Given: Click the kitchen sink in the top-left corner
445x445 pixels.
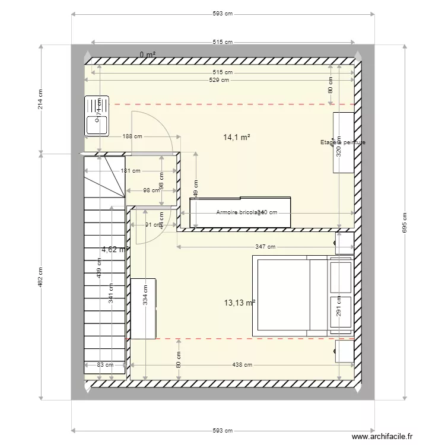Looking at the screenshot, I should point(97,116).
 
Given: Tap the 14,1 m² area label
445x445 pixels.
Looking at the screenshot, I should point(236,137).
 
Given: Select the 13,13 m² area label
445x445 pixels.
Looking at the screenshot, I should point(240,302).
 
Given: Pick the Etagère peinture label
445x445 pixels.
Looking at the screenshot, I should point(342,142).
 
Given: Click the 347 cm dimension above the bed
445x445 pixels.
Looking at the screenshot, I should point(265,247).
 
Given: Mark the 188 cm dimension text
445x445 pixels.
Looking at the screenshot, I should point(133,136).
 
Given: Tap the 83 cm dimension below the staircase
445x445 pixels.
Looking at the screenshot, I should point(105,365).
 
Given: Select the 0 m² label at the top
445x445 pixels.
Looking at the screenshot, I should point(148,55).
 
